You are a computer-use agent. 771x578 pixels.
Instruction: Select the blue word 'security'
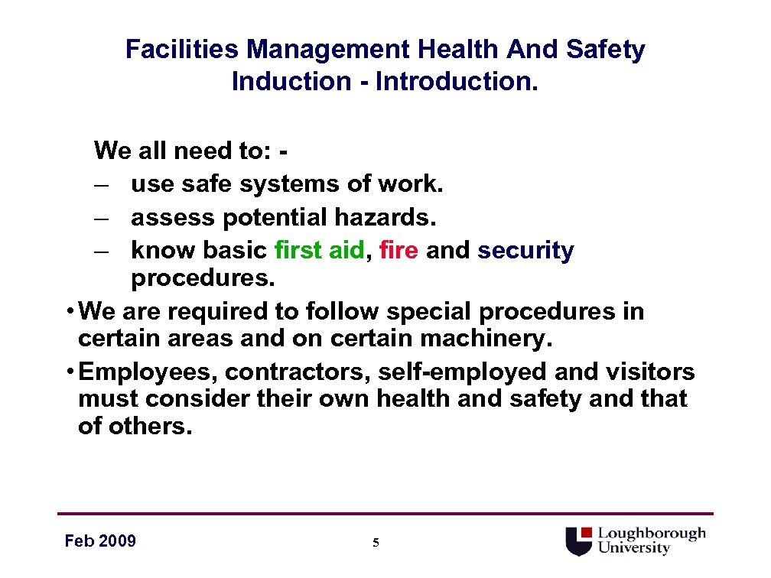pos(525,251)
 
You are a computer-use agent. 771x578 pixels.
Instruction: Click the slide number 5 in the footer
pos(376,543)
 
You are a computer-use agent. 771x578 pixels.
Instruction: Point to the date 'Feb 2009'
pos(100,541)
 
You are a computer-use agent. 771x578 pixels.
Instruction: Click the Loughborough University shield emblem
pos(579,541)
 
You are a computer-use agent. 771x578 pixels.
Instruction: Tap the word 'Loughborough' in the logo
pos(652,534)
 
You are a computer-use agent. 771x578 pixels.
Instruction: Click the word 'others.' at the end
pos(135,426)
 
